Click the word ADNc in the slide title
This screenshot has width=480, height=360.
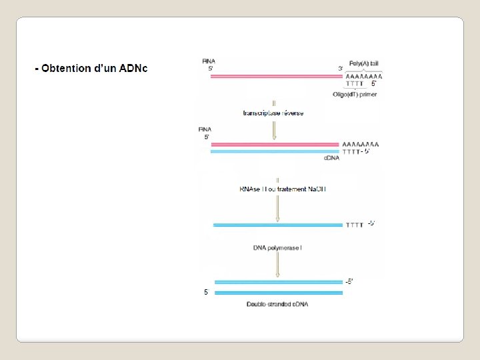pyautogui.click(x=133, y=69)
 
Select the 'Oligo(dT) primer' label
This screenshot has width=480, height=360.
pyautogui.click(x=354, y=95)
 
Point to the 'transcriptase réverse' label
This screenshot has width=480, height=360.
pyautogui.click(x=273, y=113)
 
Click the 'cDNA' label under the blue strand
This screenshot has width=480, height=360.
pyautogui.click(x=331, y=158)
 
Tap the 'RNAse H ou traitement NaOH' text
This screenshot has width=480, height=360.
pyautogui.click(x=283, y=189)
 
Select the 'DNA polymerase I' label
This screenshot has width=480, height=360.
pyautogui.click(x=277, y=248)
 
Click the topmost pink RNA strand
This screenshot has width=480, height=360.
pyautogui.click(x=275, y=77)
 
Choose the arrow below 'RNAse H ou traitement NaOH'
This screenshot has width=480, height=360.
pyautogui.click(x=277, y=207)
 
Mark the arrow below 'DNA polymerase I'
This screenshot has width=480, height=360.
pyautogui.click(x=277, y=265)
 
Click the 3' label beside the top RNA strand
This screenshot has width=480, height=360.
pyautogui.click(x=340, y=69)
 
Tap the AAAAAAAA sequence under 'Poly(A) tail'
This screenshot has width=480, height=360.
pyautogui.click(x=363, y=77)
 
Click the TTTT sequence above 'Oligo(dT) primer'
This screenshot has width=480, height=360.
pyautogui.click(x=355, y=85)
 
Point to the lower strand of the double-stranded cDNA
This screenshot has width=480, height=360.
pyautogui.click(x=277, y=293)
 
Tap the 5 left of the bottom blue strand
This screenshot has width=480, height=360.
pyautogui.click(x=206, y=292)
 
